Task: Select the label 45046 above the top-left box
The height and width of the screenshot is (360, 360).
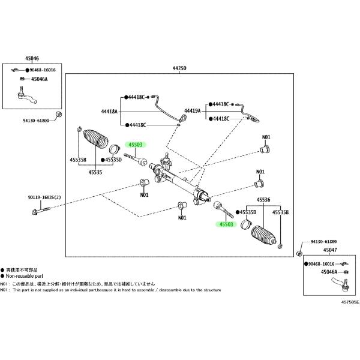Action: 32,58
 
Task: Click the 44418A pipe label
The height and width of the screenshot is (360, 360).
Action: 109,111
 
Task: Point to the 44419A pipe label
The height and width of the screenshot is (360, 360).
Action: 193,111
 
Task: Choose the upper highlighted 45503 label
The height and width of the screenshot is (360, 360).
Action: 135,145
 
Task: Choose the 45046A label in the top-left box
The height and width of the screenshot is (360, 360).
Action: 39,79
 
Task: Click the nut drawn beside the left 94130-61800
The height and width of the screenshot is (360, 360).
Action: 58,115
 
